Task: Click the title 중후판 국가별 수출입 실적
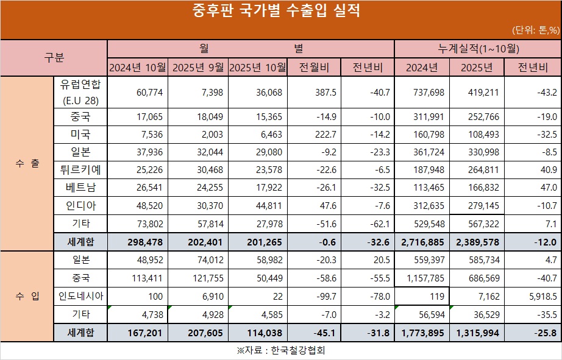[x=280, y=12]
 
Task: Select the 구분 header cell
[x=54, y=58]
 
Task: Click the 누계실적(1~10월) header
[x=477, y=48]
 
